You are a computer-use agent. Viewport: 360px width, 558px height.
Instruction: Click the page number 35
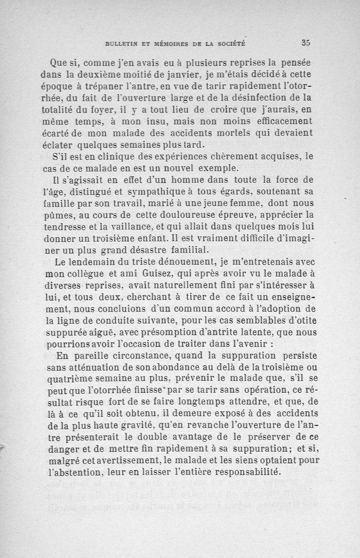tap(306, 43)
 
